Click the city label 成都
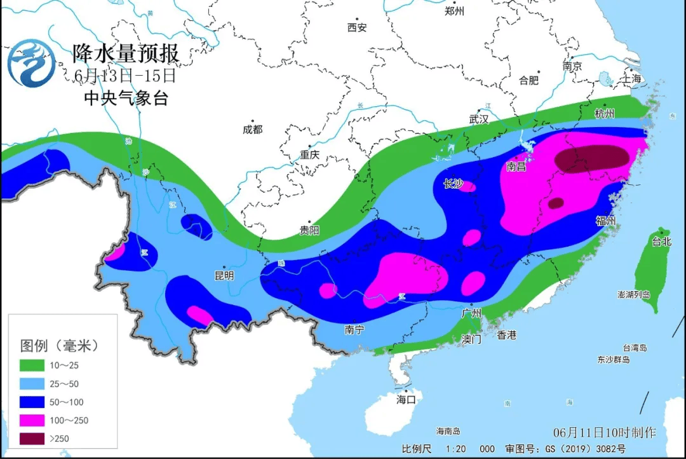pyautogui.click(x=252, y=130)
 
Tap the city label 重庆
pyautogui.click(x=309, y=155)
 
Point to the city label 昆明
pyautogui.click(x=224, y=276)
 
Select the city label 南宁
pyautogui.click(x=354, y=330)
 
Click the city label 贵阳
pyautogui.click(x=309, y=230)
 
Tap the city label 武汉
pyautogui.click(x=479, y=119)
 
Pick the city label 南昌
pyautogui.click(x=516, y=167)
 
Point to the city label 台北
pyautogui.click(x=661, y=242)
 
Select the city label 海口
pyautogui.click(x=406, y=399)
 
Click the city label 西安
pyautogui.click(x=357, y=27)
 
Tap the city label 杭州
pyautogui.click(x=605, y=114)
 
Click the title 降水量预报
pyautogui.click(x=126, y=53)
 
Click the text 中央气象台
pyautogui.click(x=126, y=98)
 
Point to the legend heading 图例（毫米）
pyautogui.click(x=60, y=346)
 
